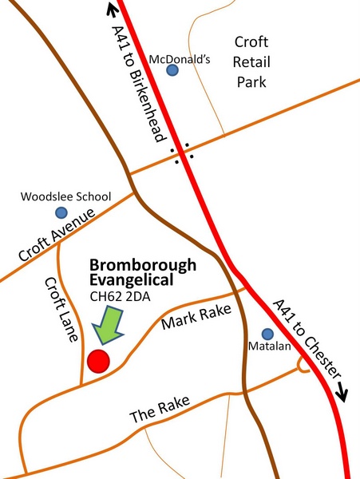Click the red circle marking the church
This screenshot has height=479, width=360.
(99, 360)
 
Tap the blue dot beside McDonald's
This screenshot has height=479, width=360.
(172, 70)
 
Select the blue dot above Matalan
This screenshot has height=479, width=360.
(267, 334)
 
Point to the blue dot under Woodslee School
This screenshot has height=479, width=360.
(61, 212)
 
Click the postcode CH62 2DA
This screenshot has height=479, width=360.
(118, 299)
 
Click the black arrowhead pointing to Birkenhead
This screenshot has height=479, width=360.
(111, 10)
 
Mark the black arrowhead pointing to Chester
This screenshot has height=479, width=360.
(344, 392)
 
